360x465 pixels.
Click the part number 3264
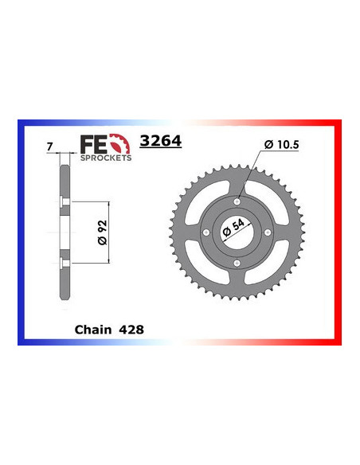coord(160,142)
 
